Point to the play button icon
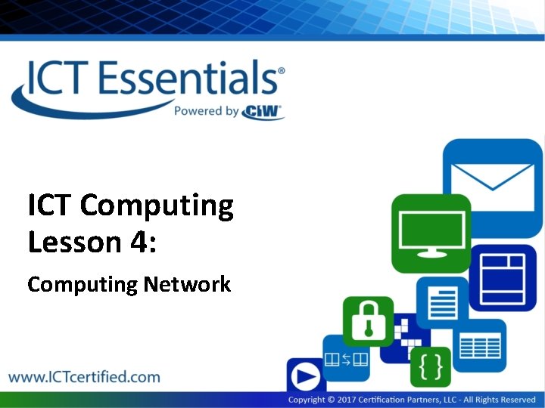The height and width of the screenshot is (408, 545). coord(304,376)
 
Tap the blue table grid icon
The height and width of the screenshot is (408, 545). coord(480,346)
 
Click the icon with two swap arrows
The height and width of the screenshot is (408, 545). coord(347,358)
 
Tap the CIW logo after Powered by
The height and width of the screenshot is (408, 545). coord(263,112)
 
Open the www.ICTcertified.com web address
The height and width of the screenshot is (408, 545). coord(84,376)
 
